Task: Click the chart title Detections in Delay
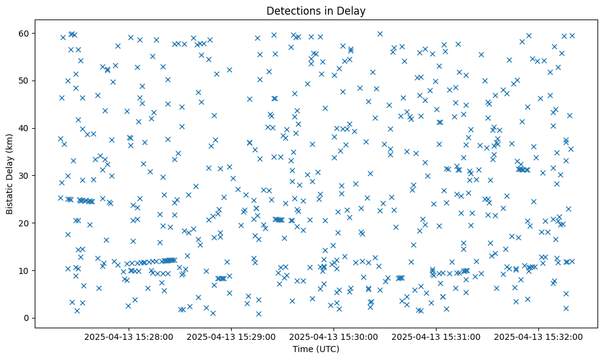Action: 316,10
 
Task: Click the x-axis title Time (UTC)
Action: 316,350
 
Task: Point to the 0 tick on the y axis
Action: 27,318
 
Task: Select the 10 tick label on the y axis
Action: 24,270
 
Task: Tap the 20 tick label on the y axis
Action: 24,223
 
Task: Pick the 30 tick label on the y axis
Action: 24,176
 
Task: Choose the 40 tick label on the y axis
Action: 24,128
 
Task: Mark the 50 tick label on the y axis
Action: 24,81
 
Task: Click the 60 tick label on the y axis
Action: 24,33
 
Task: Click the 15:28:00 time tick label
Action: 129,336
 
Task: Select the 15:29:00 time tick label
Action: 231,336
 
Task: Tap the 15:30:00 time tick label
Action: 334,336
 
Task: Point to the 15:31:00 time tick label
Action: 436,336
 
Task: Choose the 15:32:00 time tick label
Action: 538,336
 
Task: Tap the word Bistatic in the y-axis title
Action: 10,197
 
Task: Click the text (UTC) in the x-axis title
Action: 327,350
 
